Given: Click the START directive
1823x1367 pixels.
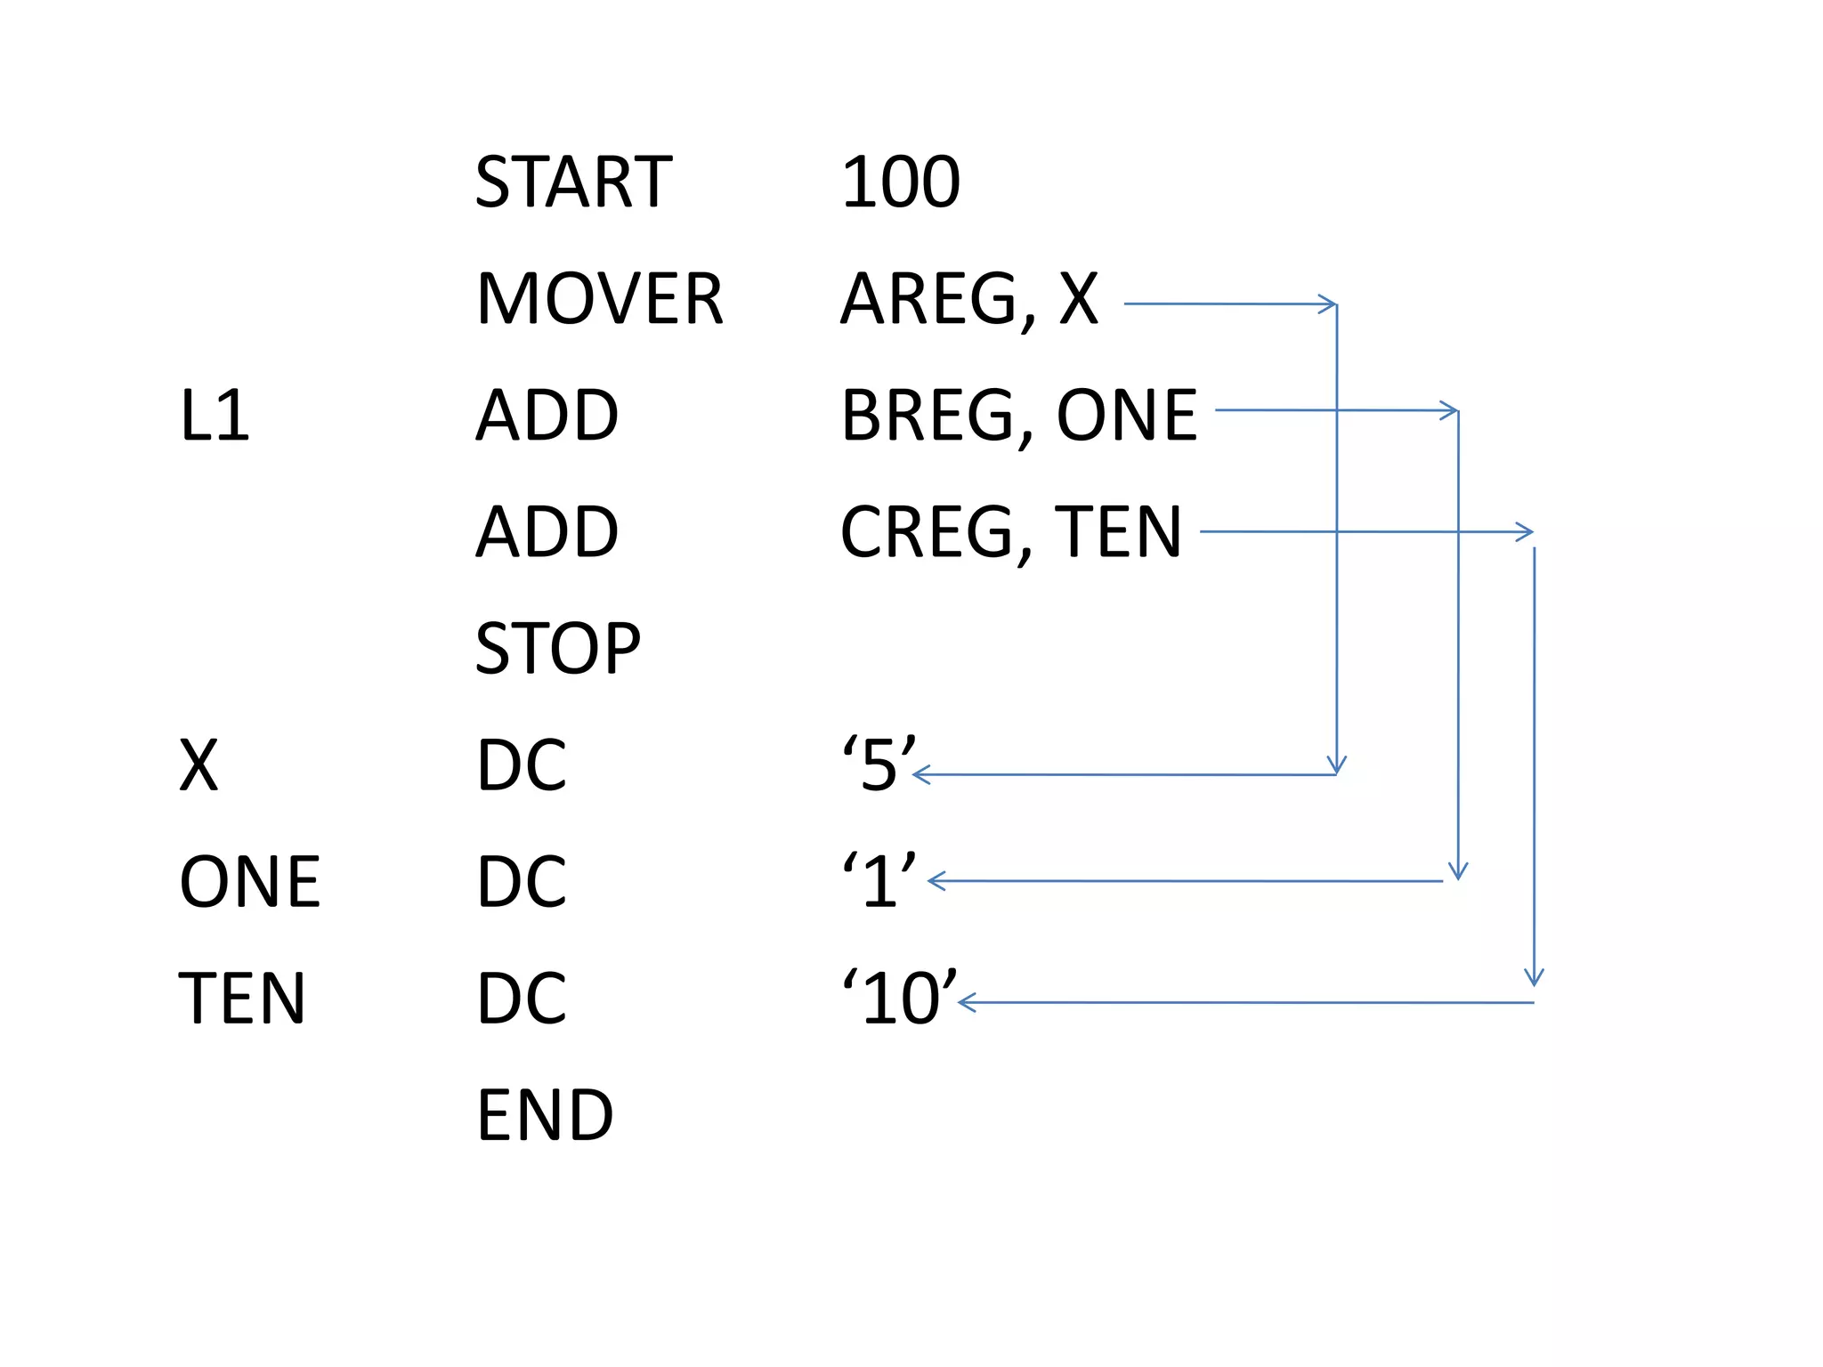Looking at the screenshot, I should (573, 182).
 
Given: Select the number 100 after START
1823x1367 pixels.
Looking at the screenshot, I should (900, 182).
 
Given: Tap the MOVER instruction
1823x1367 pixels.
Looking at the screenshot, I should (599, 299).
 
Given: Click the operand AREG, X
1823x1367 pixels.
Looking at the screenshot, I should (969, 299).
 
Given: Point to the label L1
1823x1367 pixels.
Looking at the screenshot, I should (214, 416).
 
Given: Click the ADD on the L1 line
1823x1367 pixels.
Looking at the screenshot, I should (547, 416).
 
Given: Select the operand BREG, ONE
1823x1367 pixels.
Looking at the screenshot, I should (1018, 416).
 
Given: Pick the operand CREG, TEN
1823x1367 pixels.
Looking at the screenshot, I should (1010, 532).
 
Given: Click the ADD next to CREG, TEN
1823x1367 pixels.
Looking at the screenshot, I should (547, 532).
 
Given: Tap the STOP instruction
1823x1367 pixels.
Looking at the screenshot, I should (557, 649).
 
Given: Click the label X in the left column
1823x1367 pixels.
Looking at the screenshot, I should (199, 765).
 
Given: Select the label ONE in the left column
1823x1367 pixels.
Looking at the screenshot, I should (249, 882).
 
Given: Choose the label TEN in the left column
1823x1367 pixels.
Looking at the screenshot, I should (242, 999).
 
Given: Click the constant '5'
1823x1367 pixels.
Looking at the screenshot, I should (879, 764).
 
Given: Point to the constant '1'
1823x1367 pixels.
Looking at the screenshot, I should (879, 880).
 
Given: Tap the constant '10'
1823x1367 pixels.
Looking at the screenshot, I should (899, 997).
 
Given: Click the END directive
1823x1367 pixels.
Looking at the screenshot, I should (545, 1115).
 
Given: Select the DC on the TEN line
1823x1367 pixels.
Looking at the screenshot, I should (522, 999).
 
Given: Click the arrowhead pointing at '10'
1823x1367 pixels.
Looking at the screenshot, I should (967, 1003).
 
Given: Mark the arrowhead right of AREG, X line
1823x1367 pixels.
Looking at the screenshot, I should (1329, 304).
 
